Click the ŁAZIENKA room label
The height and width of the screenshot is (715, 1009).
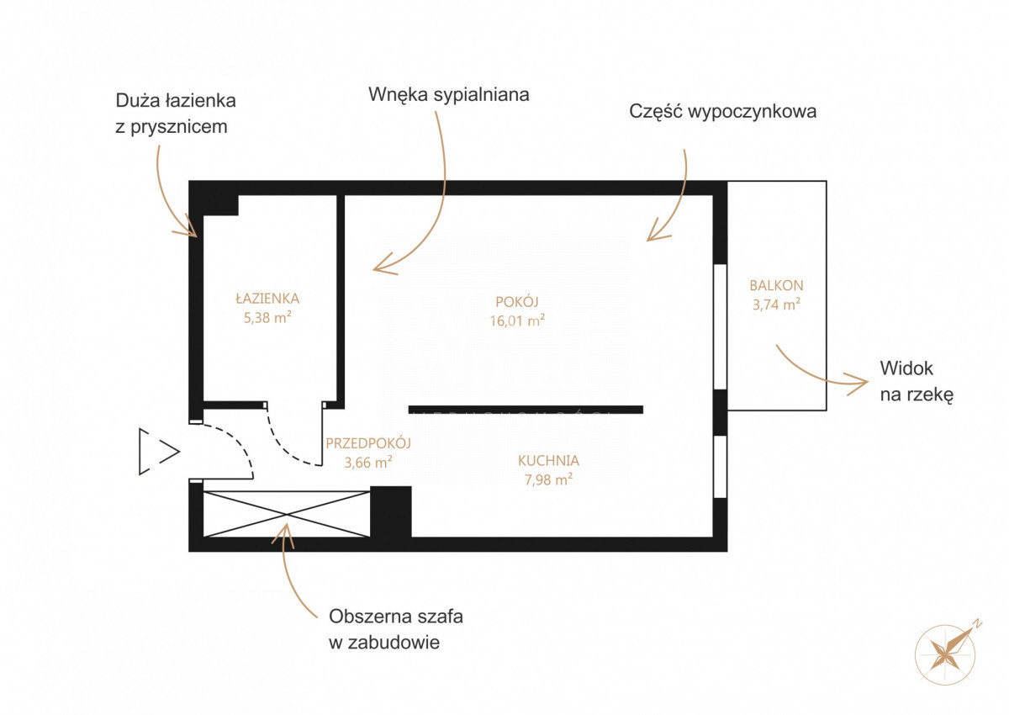[267, 298]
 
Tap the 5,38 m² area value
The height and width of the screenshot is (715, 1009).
[267, 317]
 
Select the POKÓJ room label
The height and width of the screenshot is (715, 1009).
[517, 301]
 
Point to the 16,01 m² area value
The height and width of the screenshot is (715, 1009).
[518, 320]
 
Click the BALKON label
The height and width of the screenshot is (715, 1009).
[776, 285]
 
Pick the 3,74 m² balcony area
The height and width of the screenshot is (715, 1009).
[776, 305]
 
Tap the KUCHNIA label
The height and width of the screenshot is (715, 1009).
[548, 460]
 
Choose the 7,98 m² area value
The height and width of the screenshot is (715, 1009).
[548, 479]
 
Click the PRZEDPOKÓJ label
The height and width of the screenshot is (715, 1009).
[368, 442]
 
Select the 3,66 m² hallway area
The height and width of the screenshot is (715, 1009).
[368, 463]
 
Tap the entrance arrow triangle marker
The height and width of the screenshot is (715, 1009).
[160, 451]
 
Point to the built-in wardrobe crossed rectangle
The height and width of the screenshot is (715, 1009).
[287, 514]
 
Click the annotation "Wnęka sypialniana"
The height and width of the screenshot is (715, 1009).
[449, 95]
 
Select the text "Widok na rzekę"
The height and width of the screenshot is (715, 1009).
[917, 381]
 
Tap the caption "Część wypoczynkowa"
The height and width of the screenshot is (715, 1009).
[722, 111]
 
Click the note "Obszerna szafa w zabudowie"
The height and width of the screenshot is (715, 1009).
[396, 629]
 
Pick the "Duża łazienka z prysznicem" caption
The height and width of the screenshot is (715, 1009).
[176, 114]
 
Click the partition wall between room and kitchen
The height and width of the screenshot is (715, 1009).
[526, 409]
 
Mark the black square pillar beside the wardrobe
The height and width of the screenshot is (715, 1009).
[390, 511]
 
